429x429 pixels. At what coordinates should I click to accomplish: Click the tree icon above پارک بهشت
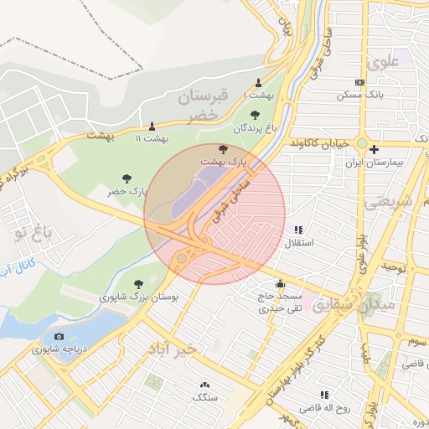222,147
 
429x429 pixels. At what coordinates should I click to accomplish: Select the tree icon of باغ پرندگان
255,115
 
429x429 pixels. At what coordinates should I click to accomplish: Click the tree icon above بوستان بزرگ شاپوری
137,284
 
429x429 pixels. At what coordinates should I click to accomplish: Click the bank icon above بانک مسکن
359,82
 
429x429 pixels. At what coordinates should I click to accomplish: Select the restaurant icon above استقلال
298,230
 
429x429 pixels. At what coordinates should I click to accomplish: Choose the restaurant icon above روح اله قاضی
323,395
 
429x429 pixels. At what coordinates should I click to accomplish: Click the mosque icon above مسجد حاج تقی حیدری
279,283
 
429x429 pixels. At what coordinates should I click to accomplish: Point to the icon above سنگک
204,385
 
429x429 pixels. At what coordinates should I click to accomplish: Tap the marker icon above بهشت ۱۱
152,127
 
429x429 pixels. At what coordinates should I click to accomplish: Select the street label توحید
395,266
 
